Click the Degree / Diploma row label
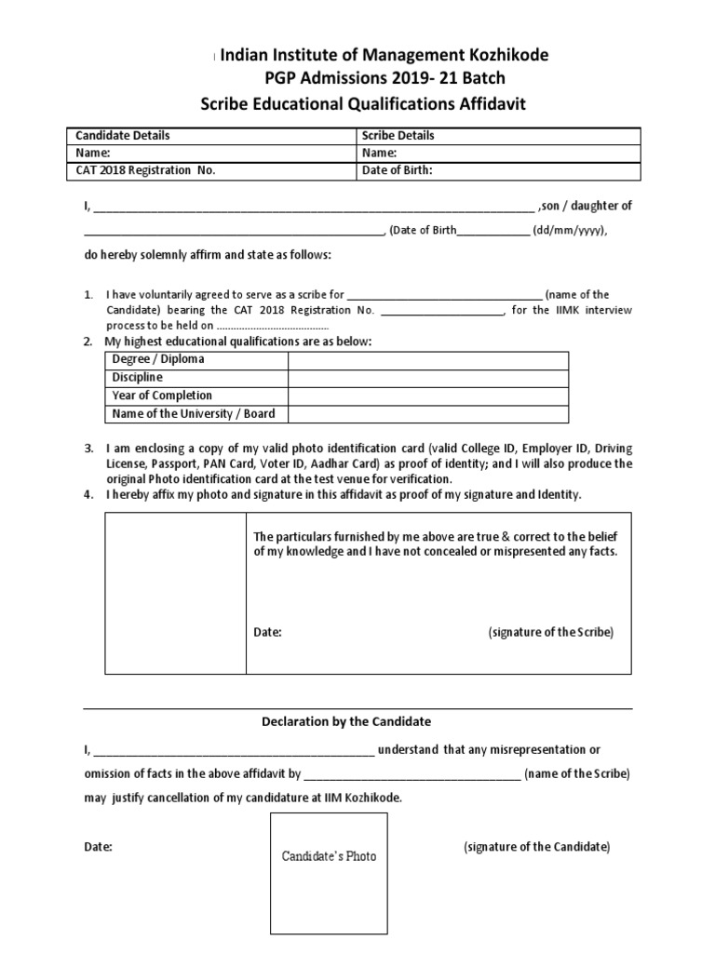158,359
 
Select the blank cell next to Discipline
428,377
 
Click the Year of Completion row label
162,396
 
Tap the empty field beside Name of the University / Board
428,413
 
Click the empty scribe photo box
174,593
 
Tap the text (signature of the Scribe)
550,632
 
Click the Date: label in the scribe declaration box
268,632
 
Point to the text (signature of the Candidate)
536,847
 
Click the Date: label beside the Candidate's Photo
99,847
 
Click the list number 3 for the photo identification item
88,448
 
